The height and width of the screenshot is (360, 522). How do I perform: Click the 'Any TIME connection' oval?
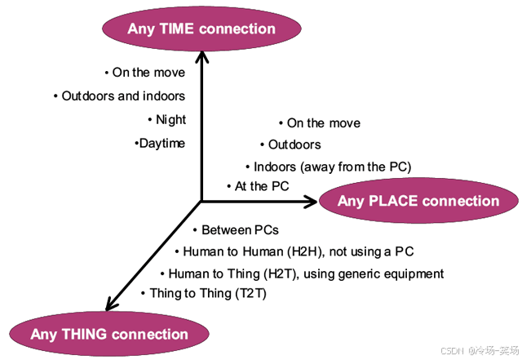[x=201, y=29]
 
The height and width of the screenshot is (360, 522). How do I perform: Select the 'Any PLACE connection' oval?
[x=418, y=201]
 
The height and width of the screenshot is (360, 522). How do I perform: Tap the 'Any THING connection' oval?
[x=109, y=334]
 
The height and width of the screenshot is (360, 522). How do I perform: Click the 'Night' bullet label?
[x=170, y=119]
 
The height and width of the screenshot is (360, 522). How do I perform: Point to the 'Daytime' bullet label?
[x=161, y=143]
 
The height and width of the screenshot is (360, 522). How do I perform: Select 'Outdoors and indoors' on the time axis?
[x=123, y=96]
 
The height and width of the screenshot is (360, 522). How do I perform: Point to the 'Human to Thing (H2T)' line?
[x=305, y=273]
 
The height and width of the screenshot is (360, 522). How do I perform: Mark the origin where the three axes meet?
[x=201, y=201]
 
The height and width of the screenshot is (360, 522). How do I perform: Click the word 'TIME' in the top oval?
[x=176, y=29]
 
